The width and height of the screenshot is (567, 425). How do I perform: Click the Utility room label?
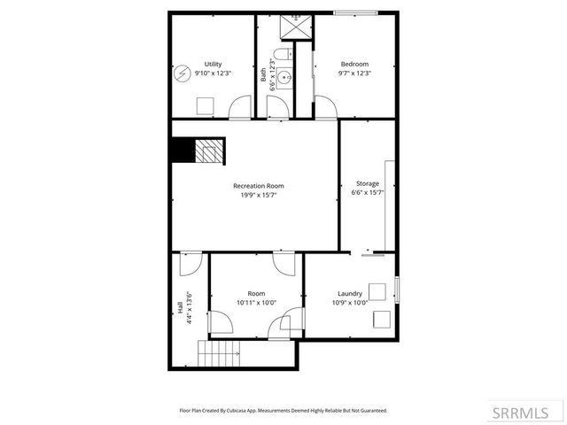point(213,64)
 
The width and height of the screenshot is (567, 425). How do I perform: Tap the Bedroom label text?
point(355,64)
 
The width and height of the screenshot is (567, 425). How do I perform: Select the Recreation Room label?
point(259,186)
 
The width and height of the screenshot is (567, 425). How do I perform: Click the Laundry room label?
point(349,294)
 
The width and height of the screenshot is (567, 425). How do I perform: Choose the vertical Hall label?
point(180,307)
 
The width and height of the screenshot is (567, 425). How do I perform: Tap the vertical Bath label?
point(263,76)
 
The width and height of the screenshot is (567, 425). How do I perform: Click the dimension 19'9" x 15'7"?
point(259,195)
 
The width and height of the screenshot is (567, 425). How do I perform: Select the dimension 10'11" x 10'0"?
point(256,303)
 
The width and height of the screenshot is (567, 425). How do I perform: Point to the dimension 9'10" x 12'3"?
point(213,73)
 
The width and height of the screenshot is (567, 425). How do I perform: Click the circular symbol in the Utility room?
point(183,72)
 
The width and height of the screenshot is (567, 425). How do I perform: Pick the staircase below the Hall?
point(219,355)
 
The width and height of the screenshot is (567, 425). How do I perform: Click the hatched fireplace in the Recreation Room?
point(209,151)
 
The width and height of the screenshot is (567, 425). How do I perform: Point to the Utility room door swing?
point(241,108)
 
